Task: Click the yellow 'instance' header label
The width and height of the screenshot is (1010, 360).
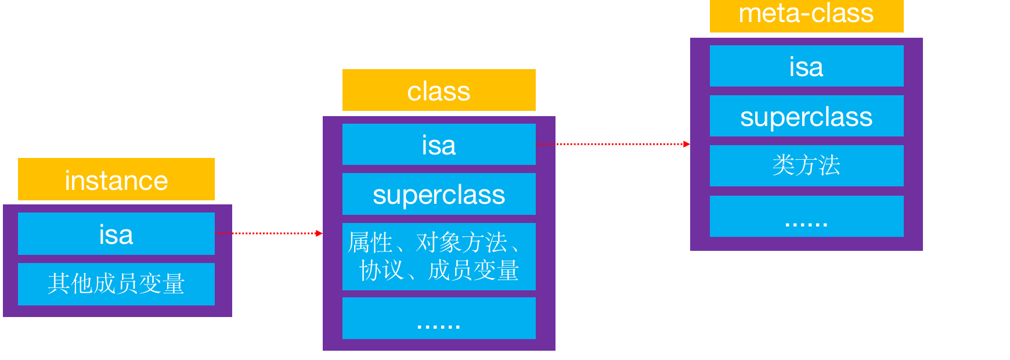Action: (x=116, y=179)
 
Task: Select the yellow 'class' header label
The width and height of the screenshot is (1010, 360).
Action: (x=439, y=91)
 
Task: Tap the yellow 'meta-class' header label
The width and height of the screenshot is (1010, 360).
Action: (x=806, y=15)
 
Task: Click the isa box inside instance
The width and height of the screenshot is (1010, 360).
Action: (x=116, y=234)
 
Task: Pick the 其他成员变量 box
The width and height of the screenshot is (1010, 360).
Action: (x=116, y=284)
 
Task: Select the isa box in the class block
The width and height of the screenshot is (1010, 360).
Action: (x=439, y=145)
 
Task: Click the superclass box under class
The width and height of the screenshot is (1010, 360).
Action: (x=439, y=195)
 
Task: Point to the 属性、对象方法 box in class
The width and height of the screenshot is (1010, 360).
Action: (x=439, y=257)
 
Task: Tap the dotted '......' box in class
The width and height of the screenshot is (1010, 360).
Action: (x=439, y=318)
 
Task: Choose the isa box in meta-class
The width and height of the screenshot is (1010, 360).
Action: (x=806, y=66)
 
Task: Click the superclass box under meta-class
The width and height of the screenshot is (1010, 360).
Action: (x=806, y=116)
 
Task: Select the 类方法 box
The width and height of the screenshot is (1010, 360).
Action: (x=806, y=166)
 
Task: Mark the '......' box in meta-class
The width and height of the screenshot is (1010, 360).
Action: (x=806, y=216)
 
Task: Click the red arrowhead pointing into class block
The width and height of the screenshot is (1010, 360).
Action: (x=319, y=233)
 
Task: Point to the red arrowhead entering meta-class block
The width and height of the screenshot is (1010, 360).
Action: (x=687, y=144)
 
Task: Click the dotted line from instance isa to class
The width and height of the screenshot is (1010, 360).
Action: (x=267, y=233)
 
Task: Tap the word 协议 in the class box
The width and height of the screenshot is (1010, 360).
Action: (x=381, y=271)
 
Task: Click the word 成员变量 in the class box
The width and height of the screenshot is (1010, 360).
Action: (x=473, y=271)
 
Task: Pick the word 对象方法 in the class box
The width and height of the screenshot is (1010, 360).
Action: (x=461, y=243)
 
